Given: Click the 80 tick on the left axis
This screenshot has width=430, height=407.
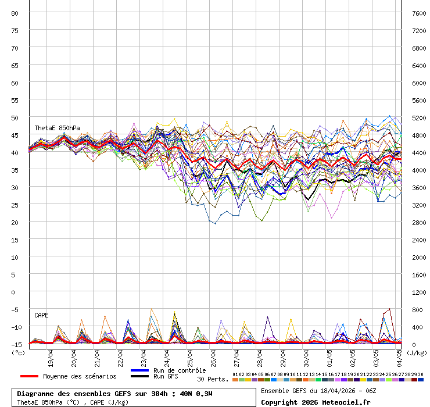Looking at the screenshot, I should (15, 13).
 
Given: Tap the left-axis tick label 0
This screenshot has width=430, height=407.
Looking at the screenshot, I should (17, 292).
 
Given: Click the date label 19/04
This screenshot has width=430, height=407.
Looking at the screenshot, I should (51, 355).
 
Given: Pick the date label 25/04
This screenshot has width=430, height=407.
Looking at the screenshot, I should (191, 355).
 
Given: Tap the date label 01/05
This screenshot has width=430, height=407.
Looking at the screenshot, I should (330, 355).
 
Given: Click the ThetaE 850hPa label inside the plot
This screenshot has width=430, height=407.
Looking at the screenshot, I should (57, 128).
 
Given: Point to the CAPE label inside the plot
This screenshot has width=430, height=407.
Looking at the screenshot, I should (41, 315).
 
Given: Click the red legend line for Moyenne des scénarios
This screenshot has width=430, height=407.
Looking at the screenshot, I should (37, 376).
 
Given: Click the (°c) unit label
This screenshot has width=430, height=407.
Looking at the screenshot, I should (19, 352).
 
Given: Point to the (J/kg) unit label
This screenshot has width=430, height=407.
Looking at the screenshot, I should (416, 352).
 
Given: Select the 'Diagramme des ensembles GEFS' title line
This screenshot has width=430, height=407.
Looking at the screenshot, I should (114, 394).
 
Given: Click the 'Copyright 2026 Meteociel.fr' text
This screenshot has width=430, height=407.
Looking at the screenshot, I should (316, 402).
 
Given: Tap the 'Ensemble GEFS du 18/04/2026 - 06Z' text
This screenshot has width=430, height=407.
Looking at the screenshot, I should (318, 391).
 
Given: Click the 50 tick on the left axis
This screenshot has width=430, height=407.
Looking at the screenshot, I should (15, 117).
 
